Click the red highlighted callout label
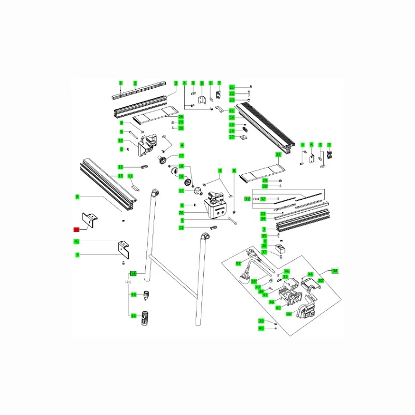(76, 229)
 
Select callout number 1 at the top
(120, 83)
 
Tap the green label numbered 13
(120, 176)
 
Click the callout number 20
(182, 213)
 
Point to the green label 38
(335, 271)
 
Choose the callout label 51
(239, 264)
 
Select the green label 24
(232, 118)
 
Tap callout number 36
(265, 247)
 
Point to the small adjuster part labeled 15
(147, 295)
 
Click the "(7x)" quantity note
(128, 281)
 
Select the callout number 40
(261, 328)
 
